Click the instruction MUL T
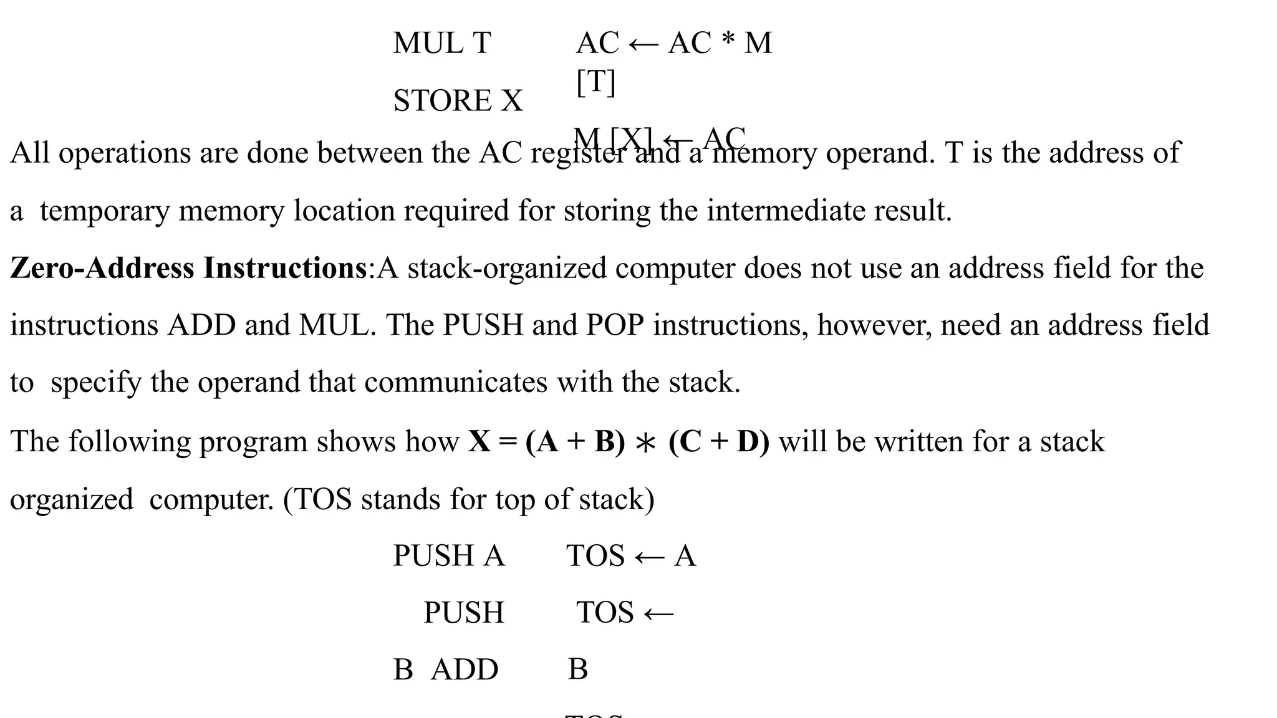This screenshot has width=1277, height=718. click(x=442, y=43)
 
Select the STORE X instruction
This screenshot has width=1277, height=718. click(x=458, y=101)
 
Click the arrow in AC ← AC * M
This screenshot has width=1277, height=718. click(x=643, y=44)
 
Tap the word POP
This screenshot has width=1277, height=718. click(x=615, y=325)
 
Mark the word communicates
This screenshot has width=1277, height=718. click(x=456, y=383)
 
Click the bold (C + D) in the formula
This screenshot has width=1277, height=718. click(x=719, y=442)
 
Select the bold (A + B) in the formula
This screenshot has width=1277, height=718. click(x=575, y=442)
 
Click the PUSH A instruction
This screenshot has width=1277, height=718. click(x=448, y=555)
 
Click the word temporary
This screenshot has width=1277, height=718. click(x=105, y=211)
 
